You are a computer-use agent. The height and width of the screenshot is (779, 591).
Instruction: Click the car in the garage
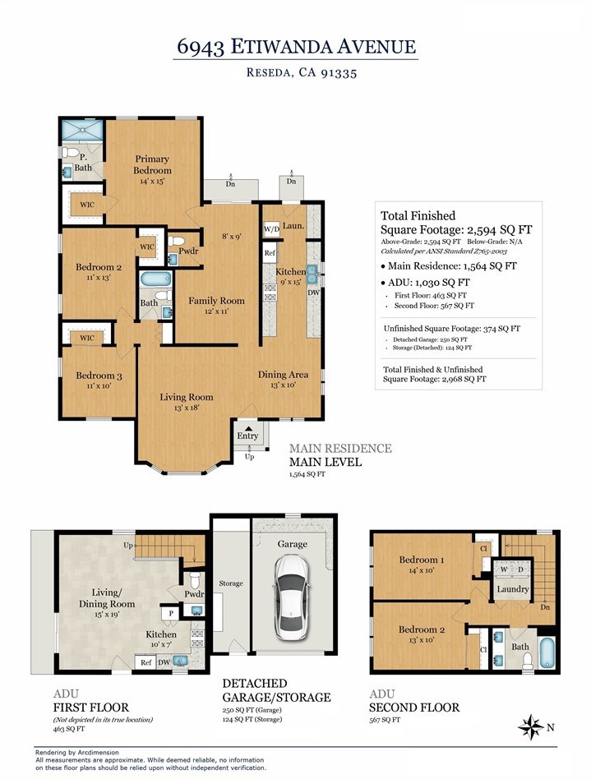[290, 597]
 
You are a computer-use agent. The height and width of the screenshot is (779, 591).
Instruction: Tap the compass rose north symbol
[531, 728]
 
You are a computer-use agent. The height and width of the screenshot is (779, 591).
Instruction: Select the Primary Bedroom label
[152, 164]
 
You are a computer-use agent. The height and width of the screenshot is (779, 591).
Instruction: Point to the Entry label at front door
[247, 436]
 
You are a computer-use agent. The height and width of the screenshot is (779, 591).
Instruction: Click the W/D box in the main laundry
[271, 229]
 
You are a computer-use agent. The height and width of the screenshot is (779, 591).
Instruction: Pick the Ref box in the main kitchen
[270, 253]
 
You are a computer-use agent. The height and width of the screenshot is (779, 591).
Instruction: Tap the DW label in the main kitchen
[314, 293]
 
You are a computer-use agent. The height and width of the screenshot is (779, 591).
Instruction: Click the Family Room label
[216, 301]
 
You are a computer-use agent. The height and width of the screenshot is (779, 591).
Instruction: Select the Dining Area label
[283, 375]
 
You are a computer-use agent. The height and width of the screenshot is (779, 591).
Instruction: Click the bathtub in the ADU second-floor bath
[547, 652]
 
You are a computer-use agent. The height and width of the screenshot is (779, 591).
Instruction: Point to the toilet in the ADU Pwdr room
[194, 579]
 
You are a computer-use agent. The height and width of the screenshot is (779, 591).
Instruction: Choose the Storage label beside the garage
[231, 583]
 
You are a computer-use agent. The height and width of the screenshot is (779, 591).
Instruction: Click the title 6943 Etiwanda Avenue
[296, 47]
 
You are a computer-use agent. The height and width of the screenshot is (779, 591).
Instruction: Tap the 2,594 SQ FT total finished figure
[499, 229]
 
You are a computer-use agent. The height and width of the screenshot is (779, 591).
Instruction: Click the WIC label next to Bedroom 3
[87, 339]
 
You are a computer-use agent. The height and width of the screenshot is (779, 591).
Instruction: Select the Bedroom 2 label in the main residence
[99, 267]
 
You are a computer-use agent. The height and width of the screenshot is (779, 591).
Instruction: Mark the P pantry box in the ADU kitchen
[170, 613]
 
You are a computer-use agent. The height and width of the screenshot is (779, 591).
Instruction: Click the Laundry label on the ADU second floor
[512, 589]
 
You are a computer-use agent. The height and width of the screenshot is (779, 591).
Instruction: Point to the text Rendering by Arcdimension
[77, 752]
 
